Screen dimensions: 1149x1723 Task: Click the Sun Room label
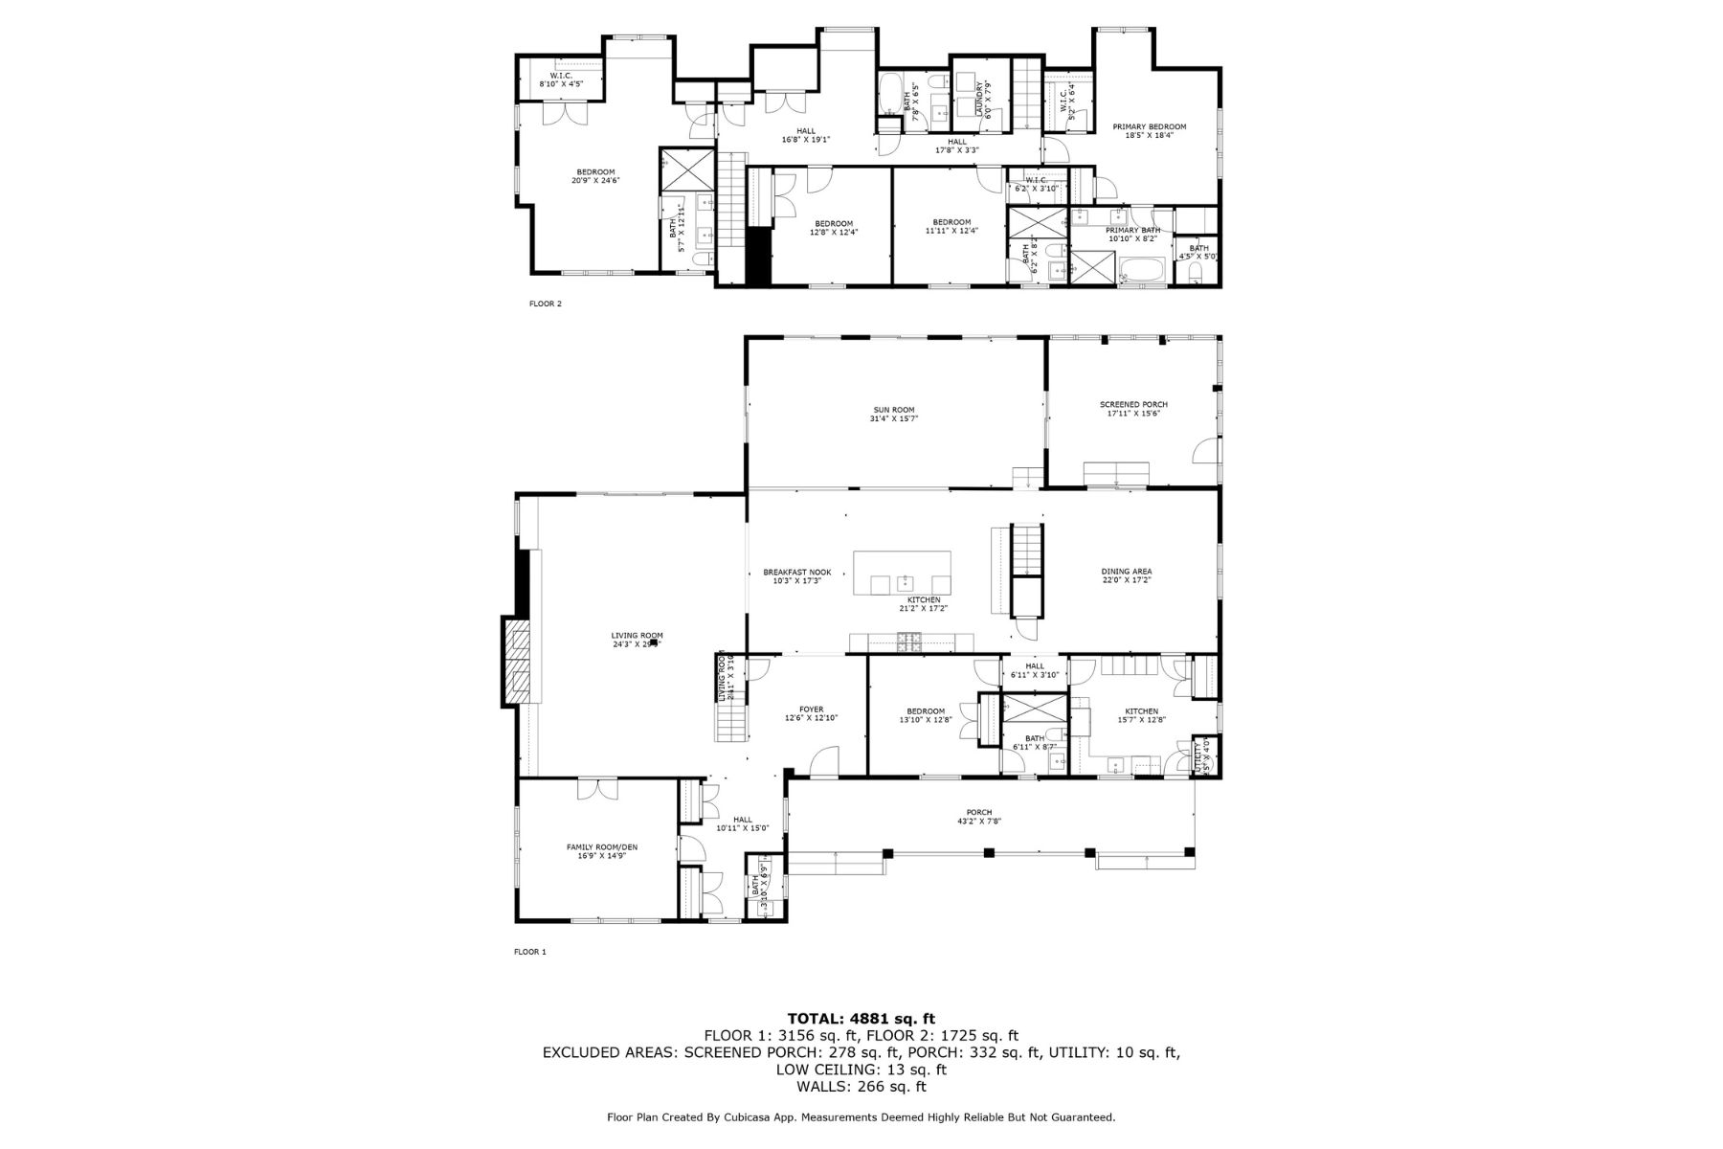coord(894,410)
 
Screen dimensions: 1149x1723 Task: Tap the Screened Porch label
coord(1133,404)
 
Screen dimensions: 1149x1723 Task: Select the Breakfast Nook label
coord(796,572)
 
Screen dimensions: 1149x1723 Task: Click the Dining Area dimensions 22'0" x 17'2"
coord(1126,580)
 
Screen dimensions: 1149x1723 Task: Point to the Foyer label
coord(811,710)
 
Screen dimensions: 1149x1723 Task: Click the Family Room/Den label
coord(601,846)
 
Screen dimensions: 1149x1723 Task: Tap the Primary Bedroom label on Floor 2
coord(1149,126)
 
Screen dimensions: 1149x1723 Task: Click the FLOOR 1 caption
coord(529,952)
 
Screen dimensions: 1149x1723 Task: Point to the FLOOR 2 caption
coord(545,304)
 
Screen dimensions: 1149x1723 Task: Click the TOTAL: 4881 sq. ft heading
coord(861,1018)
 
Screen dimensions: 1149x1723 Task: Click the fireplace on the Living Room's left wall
coord(518,663)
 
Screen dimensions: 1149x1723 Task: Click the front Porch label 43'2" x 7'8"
coord(978,817)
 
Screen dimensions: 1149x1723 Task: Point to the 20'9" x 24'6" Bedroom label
coord(595,176)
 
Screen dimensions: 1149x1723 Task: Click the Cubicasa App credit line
coord(861,1117)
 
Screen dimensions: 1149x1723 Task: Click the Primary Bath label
coord(1132,230)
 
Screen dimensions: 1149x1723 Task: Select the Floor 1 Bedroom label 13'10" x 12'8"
coord(926,715)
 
